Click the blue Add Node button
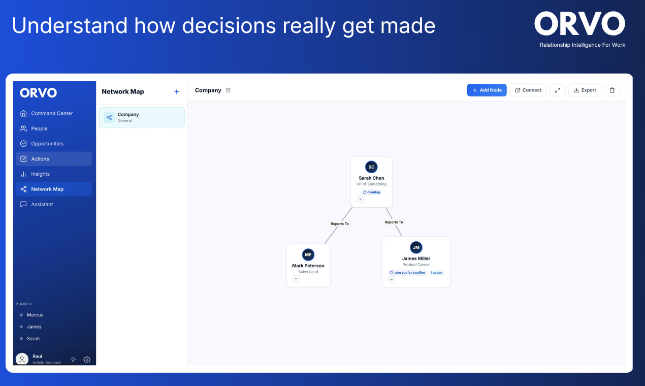(x=487, y=90)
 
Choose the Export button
(x=585, y=90)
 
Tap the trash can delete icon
(x=612, y=90)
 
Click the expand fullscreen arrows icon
(x=558, y=90)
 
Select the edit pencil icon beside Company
(x=228, y=90)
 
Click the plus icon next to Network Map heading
(x=177, y=91)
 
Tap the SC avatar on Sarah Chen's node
(x=371, y=167)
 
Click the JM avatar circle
(x=416, y=247)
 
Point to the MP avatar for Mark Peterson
(x=308, y=254)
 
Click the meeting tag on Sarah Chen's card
(x=371, y=192)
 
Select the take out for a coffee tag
(x=407, y=273)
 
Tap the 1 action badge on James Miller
(x=436, y=273)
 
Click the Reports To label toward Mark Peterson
(x=339, y=223)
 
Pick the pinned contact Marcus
(x=35, y=315)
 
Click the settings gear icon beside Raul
(x=87, y=360)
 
